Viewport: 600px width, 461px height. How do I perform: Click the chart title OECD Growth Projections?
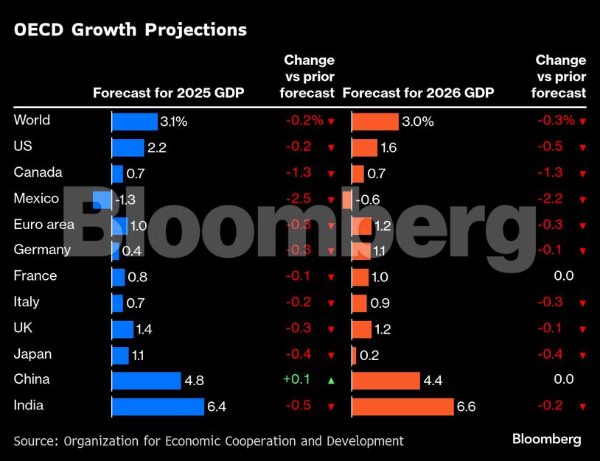[130, 30]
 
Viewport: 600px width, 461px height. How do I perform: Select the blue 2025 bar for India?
[158, 407]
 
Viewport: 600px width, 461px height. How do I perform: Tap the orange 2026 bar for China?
[386, 380]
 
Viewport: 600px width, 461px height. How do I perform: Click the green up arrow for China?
[331, 380]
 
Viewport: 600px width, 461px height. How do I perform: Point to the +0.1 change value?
[296, 379]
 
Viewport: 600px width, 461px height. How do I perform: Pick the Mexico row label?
[36, 199]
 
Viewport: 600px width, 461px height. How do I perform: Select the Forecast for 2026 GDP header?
[418, 93]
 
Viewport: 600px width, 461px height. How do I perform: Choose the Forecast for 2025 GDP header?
[168, 93]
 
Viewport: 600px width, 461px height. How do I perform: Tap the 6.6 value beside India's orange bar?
[466, 407]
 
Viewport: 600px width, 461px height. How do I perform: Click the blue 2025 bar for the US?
[128, 148]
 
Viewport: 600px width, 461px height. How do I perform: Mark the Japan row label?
[32, 353]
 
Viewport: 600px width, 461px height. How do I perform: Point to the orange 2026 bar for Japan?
[355, 355]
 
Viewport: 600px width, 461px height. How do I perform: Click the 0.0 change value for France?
[563, 275]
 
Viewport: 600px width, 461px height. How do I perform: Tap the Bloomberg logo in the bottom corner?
[546, 439]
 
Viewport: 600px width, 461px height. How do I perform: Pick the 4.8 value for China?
[195, 381]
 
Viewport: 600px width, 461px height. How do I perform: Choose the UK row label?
[23, 328]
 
